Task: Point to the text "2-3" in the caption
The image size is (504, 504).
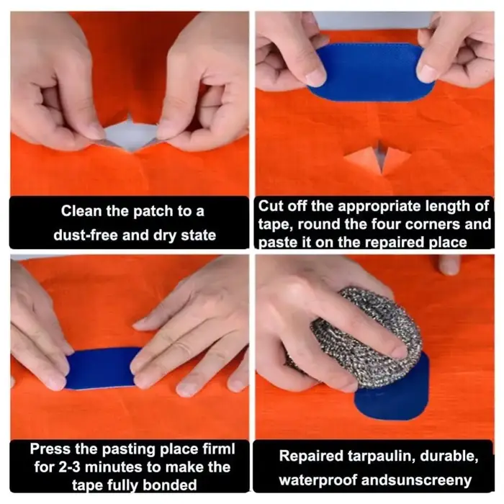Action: click(70, 467)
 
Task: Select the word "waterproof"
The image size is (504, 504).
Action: click(318, 481)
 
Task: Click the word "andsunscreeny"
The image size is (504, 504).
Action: click(416, 481)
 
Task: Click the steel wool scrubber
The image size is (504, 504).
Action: click(366, 338)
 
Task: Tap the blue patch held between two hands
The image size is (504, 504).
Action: click(369, 71)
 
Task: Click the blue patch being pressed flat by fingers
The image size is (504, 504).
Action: click(100, 369)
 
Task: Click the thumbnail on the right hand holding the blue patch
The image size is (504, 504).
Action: click(428, 73)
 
